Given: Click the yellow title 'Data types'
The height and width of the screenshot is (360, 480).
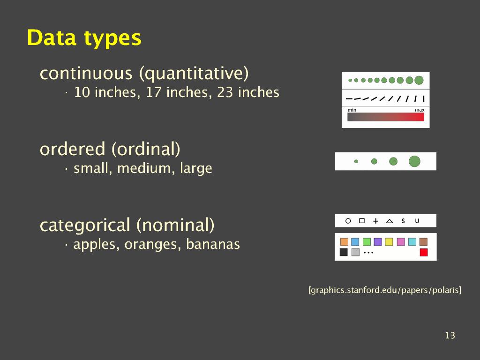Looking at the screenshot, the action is tap(84, 38).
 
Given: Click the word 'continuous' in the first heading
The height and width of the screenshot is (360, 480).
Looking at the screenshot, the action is tap(86, 73).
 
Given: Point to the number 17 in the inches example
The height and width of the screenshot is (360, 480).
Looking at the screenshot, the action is tap(153, 92).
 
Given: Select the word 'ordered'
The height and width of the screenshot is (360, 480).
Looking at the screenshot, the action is tap(73, 149).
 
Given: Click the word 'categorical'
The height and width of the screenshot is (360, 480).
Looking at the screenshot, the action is tap(85, 225).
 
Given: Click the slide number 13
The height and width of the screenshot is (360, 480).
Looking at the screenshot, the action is tap(450, 335).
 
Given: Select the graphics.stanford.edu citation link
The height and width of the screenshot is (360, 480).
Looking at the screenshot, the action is tap(385, 290).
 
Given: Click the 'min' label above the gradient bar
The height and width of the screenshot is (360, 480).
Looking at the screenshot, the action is tap(352, 110).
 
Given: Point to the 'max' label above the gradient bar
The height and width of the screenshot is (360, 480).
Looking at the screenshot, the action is tap(420, 110).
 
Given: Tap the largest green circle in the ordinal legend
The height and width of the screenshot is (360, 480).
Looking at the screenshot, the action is tap(414, 161).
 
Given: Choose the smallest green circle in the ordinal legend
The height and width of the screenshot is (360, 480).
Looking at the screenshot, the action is tap(356, 161).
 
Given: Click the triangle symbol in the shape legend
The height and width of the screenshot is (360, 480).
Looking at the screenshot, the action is tap(390, 221).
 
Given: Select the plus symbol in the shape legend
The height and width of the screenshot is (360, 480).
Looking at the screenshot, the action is tap(375, 221).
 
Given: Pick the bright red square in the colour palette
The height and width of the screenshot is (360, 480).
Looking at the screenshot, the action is tap(424, 252).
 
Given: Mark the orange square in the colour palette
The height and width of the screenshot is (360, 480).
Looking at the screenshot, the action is tap(344, 242).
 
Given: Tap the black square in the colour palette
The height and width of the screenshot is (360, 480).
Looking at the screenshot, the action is tap(344, 252).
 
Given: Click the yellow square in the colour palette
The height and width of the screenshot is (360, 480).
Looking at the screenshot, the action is tap(389, 242).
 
